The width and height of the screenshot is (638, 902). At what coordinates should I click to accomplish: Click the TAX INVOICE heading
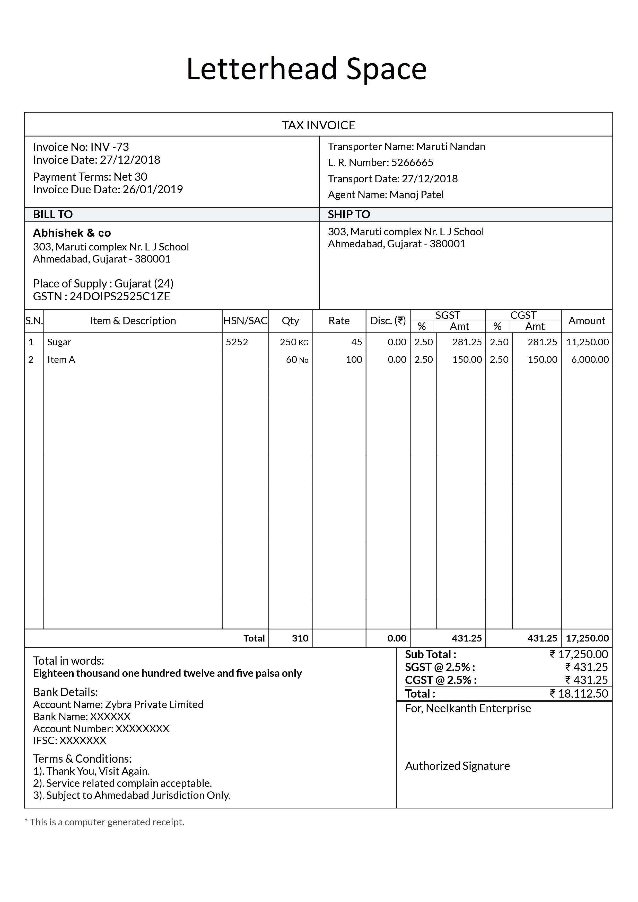pos(318,125)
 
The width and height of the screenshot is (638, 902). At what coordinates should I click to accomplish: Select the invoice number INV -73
pos(109,147)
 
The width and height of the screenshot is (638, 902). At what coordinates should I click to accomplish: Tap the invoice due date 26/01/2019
pos(153,189)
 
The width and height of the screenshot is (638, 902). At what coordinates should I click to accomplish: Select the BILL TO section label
pos(53,214)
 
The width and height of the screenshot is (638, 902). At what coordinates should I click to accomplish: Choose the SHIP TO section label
pos(349,214)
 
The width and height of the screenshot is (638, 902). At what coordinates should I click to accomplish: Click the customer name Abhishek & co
pos(72,233)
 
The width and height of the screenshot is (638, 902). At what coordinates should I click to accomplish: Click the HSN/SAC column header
pos(245,321)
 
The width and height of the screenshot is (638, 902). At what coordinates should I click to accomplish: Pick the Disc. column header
pos(388,321)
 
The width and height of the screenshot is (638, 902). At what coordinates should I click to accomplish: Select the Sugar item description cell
pos(59,342)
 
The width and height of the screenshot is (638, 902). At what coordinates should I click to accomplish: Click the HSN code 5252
pos(237,342)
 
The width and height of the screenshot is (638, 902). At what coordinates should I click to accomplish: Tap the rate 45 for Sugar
pos(356,342)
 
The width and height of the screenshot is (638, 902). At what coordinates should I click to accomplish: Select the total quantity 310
pos(300,638)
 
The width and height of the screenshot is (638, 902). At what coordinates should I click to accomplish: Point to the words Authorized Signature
pos(457,766)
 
